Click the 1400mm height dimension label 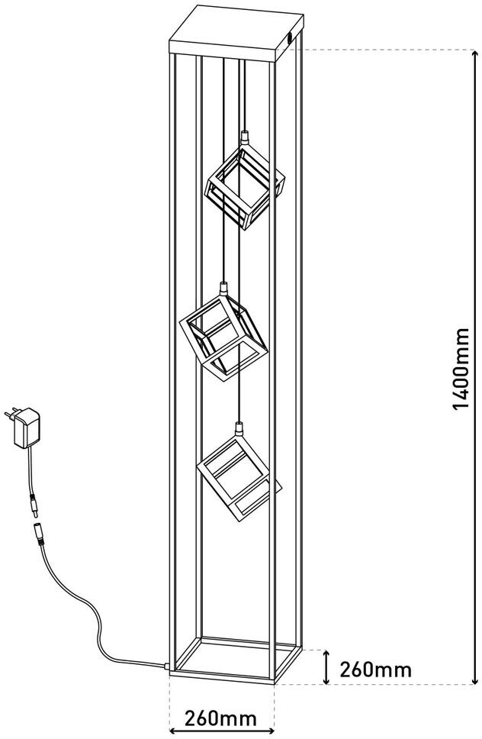461,369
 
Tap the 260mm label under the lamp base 220,718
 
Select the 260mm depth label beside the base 375,670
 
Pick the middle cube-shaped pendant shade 223,337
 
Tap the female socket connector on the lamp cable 37,534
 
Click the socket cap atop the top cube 244,137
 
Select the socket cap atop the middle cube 223,288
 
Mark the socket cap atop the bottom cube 239,428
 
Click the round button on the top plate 290,40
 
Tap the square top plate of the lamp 236,33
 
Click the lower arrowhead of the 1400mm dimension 475,678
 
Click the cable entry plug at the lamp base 165,666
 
